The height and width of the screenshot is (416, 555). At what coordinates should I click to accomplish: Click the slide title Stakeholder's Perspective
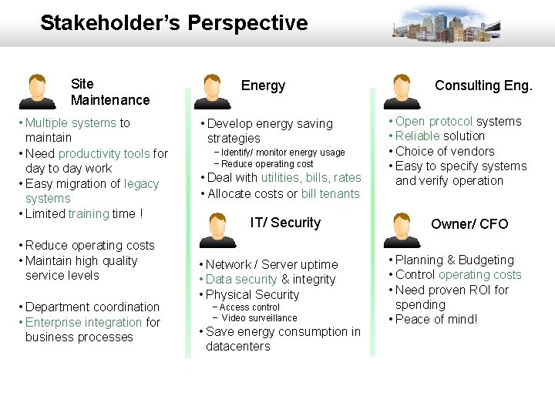(x=173, y=23)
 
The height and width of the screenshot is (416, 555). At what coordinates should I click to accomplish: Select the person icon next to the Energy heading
(x=212, y=92)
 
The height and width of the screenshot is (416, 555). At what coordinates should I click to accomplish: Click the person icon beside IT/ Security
(x=212, y=229)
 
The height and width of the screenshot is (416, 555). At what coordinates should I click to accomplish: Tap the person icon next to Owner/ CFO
(x=402, y=229)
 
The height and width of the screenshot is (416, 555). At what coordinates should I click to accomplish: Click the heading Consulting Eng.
(x=483, y=86)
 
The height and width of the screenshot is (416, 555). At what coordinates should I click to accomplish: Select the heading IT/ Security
(x=285, y=223)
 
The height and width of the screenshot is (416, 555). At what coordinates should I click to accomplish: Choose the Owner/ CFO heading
(x=469, y=224)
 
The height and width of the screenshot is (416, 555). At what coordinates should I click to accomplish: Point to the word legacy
(x=141, y=183)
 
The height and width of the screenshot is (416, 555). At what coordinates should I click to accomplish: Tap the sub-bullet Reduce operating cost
(x=267, y=164)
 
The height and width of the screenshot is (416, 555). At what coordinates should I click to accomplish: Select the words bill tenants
(x=331, y=193)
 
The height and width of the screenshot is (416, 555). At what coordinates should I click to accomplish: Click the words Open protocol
(x=434, y=122)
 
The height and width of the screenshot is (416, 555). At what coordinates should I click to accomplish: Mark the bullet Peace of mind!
(x=436, y=319)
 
